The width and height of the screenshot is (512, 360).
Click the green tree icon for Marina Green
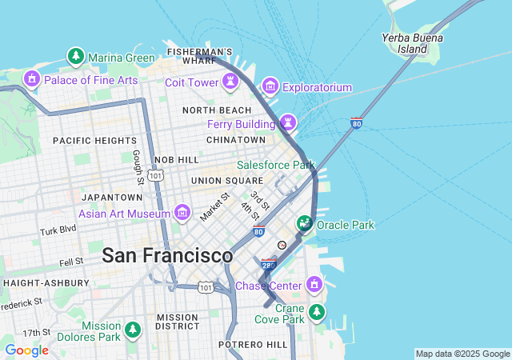[76, 57]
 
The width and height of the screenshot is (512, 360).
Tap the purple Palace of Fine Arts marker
[32, 79]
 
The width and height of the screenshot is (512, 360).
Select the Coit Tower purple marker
[230, 82]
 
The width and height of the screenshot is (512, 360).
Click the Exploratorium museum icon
[270, 86]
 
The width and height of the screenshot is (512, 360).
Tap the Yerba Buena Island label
[404, 43]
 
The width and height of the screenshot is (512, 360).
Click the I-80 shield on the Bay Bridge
[357, 123]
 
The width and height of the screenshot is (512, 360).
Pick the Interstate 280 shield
[269, 263]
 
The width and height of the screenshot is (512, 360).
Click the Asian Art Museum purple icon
[182, 213]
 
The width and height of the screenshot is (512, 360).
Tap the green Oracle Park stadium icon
[305, 225]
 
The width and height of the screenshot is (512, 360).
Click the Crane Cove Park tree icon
[318, 311]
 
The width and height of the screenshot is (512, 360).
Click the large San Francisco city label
[167, 256]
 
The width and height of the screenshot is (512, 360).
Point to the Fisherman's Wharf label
[200, 56]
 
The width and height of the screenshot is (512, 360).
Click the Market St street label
[214, 206]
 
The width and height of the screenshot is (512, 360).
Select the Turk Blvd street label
[58, 230]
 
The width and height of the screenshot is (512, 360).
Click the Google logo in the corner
[26, 350]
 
